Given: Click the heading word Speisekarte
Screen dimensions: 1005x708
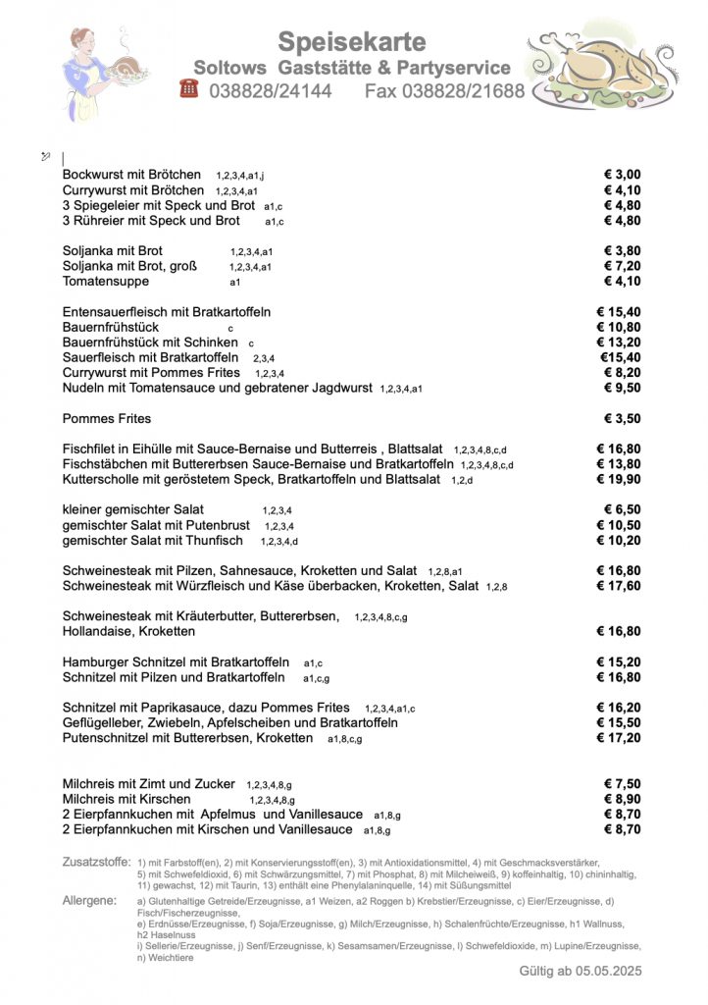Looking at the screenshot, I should point(352,42).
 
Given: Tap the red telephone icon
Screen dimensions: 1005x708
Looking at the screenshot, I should point(189,89).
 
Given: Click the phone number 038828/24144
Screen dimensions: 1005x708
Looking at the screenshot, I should point(270,91).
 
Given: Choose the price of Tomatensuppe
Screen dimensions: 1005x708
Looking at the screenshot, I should point(622,282).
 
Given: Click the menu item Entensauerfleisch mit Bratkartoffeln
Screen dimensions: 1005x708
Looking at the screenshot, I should point(167,312).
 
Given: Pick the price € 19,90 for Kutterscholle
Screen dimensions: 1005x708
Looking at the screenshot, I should point(618,480).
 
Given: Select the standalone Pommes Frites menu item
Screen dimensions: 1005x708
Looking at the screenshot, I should point(107,419).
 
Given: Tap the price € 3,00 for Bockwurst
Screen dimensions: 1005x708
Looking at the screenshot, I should point(622,175).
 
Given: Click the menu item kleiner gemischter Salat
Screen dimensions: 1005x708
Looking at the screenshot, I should point(133,509).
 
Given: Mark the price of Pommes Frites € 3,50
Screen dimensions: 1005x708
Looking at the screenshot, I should point(622,419).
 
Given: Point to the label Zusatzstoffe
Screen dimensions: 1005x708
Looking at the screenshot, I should point(96,862).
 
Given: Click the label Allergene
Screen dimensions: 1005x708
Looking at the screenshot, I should point(89,900).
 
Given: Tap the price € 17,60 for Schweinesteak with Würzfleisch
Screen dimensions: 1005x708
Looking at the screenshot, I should point(618,586).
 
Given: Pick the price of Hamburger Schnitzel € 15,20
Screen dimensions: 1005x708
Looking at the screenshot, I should point(618,662).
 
